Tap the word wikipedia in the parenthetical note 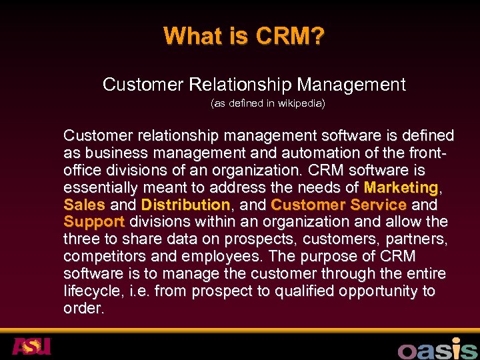299,104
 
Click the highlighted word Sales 84,204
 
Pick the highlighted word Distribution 185,204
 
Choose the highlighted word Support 94,221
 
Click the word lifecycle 91,291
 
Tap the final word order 84,309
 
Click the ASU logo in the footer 31,347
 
